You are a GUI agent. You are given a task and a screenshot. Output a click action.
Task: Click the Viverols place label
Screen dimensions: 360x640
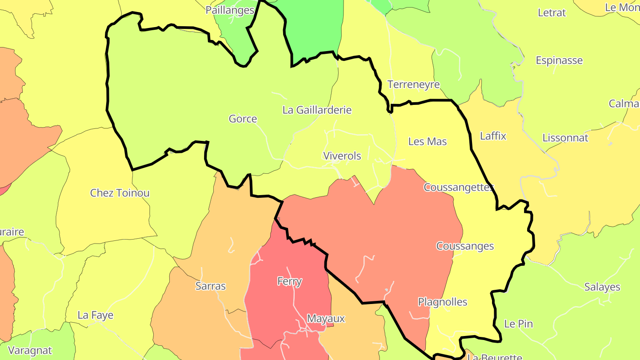tap(342, 156)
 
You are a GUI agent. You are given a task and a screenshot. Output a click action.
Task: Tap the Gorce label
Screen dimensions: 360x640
tap(243, 119)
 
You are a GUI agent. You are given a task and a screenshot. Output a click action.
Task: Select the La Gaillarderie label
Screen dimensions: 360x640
tap(317, 110)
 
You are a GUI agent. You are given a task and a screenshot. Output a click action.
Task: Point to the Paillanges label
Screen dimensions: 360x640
tap(230, 10)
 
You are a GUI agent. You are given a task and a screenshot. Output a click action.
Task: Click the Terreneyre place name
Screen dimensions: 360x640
tap(413, 84)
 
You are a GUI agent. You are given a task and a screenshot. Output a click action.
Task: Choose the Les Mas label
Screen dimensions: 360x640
tap(428, 141)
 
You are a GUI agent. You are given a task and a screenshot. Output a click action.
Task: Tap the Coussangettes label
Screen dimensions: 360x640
tap(459, 187)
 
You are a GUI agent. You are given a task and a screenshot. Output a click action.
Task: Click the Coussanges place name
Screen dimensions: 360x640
tap(465, 246)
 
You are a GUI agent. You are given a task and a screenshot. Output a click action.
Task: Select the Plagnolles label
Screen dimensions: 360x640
tap(443, 302)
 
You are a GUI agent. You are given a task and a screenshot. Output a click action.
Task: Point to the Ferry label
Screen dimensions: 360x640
tap(289, 281)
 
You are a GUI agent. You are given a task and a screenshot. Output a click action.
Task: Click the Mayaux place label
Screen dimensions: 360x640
tap(326, 319)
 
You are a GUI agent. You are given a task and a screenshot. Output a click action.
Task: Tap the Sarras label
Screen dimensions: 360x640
tap(211, 286)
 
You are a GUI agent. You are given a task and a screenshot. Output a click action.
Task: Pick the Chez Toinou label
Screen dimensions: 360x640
tap(120, 193)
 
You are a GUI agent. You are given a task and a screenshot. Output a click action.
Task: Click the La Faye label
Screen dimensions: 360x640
tap(96, 315)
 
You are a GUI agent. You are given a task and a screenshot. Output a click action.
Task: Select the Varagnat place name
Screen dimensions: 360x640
tap(30, 350)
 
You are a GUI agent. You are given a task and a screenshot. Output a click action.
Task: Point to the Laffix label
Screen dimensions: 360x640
tap(493, 136)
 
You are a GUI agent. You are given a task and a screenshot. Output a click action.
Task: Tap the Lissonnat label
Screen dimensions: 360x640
tap(565, 138)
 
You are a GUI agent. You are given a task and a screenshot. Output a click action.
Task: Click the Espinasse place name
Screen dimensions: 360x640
tap(559, 60)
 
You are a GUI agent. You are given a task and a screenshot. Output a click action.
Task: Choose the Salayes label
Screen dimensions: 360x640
tap(602, 287)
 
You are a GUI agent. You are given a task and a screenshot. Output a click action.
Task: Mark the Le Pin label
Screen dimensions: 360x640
tap(518, 324)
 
